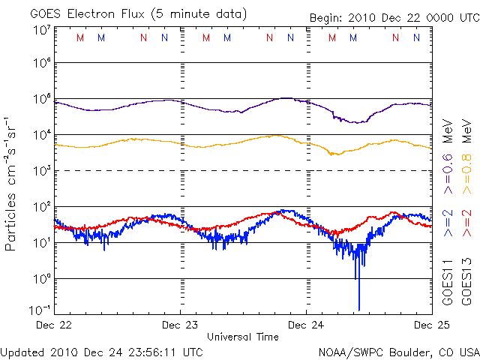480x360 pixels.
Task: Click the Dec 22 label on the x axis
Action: (54, 325)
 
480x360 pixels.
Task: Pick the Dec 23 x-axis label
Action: (180, 325)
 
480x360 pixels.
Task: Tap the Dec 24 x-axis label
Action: (306, 325)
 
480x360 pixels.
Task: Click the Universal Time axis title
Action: (242, 337)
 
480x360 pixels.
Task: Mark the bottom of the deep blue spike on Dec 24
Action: (359, 308)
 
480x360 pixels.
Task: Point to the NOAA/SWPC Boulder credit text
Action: (398, 351)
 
